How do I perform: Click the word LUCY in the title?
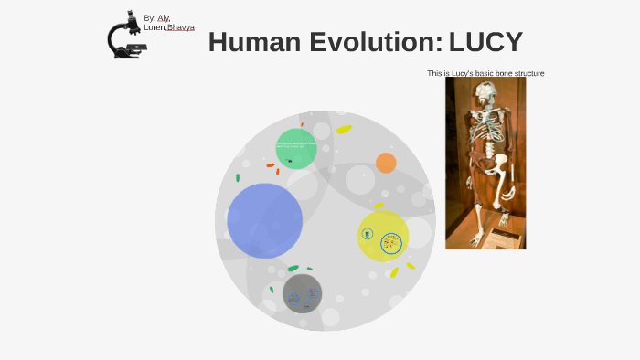485,42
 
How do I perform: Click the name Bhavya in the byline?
181,27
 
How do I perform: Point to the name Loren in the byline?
154,27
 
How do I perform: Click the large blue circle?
264,220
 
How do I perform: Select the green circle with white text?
296,148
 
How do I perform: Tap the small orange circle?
386,163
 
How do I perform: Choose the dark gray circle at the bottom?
302,293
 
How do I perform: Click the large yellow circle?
382,236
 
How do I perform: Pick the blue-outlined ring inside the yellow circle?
391,244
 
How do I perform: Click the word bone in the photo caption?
508,73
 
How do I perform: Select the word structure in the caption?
530,73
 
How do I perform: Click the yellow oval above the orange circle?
344,130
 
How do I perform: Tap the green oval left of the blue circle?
238,178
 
